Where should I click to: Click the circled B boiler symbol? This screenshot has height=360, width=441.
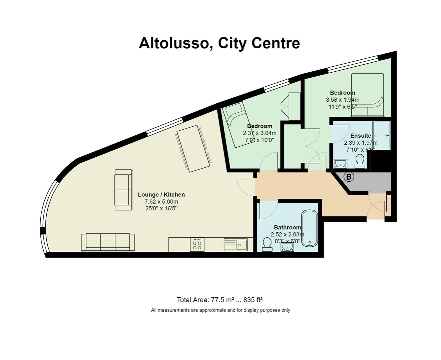[x=349, y=177]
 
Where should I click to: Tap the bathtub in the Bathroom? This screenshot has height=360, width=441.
[x=310, y=229]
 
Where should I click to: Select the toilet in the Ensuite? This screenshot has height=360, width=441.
[x=360, y=161]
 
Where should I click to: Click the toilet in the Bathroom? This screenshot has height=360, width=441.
[x=267, y=244]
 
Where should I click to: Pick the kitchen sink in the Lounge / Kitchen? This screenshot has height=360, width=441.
[x=236, y=245]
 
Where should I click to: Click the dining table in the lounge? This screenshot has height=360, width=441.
[x=193, y=149]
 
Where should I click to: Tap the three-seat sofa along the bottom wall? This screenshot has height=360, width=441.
[x=108, y=242]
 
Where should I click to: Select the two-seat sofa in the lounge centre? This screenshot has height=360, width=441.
[x=123, y=190]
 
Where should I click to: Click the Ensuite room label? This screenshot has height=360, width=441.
[x=361, y=136]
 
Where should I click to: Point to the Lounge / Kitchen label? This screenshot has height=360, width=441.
[x=161, y=195]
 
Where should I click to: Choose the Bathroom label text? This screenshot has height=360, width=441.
[x=288, y=227]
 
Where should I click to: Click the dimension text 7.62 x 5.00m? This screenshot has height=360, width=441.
[x=161, y=202]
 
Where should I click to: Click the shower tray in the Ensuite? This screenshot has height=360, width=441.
[x=381, y=136]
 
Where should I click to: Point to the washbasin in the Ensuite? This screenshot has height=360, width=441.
[x=341, y=163]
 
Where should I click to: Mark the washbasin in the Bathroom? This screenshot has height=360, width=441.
[x=287, y=247]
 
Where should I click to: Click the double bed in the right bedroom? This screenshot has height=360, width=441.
[x=367, y=95]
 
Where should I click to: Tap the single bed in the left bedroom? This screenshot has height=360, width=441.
[x=239, y=125]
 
